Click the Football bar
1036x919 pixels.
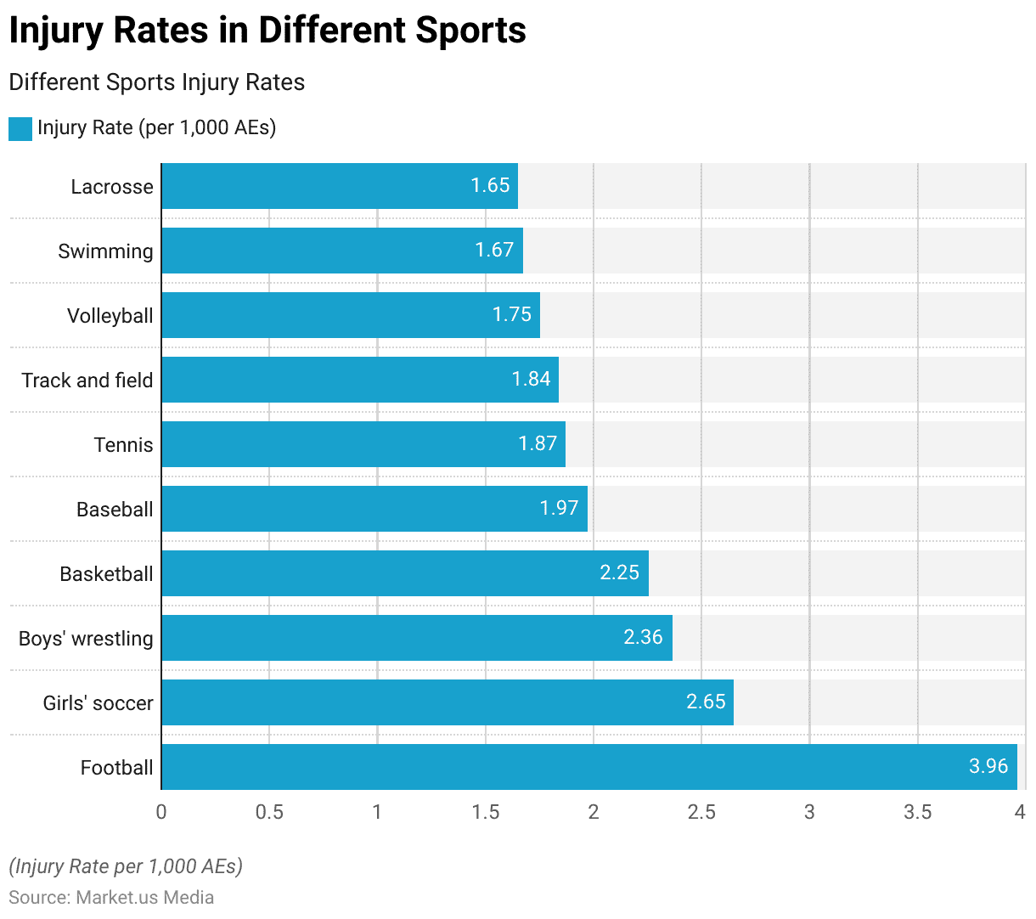coord(589,767)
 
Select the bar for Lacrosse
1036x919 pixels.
coord(340,186)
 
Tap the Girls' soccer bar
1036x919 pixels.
coord(448,702)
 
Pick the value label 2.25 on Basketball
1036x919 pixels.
coord(619,572)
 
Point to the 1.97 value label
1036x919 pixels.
coord(559,508)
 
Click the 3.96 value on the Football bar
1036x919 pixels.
coord(988,766)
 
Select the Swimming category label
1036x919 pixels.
coord(105,251)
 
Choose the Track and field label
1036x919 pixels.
coord(87,381)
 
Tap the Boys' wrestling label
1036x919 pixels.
coord(86,639)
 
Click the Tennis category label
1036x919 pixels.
coord(123,445)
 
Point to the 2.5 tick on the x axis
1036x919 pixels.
coord(701,812)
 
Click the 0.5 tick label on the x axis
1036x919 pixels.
coord(269,812)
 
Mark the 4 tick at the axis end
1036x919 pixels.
coord(1020,812)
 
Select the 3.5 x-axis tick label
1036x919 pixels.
coord(917,812)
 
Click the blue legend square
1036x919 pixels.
coord(20,128)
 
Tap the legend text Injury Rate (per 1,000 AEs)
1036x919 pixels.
coord(156,127)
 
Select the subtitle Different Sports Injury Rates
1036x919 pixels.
coord(156,82)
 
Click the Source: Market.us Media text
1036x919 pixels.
coord(111,897)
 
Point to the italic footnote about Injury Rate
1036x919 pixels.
coord(126,866)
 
